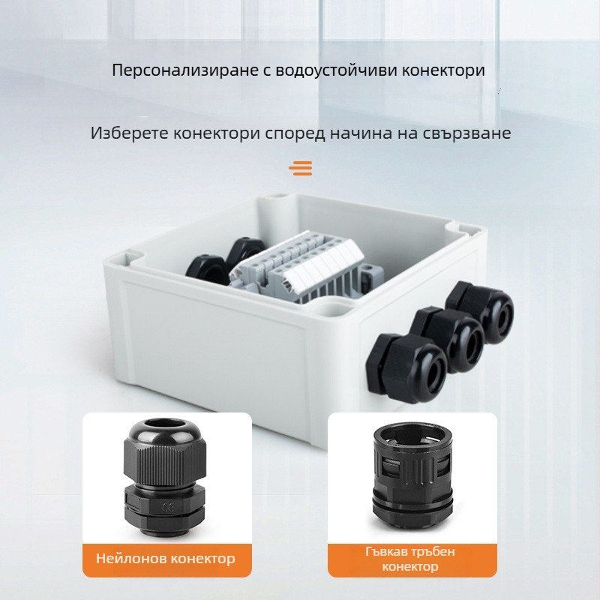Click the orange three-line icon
pos(300,167)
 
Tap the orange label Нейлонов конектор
pos(166,558)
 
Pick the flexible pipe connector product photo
pos(412,477)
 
